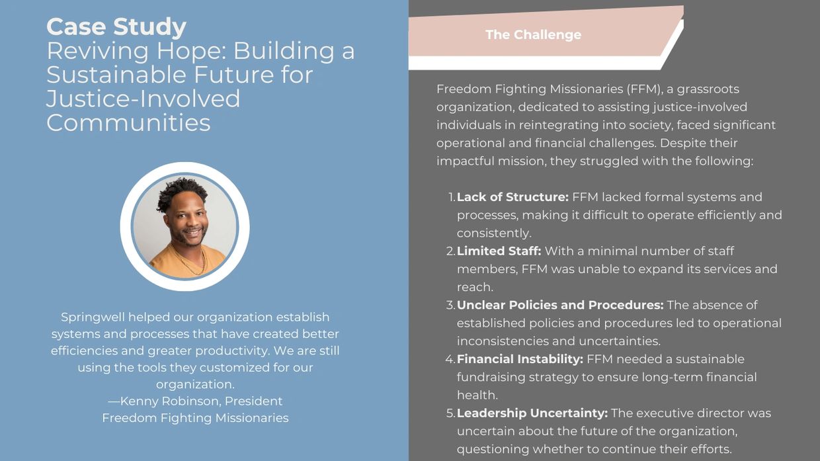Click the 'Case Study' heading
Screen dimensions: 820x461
[116, 27]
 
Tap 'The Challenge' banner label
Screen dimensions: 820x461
[533, 35]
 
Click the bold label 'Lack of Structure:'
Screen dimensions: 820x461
[512, 197]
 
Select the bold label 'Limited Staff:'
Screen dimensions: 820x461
[499, 251]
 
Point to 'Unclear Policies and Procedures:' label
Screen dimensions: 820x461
[560, 305]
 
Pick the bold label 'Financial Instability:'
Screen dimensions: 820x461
[520, 359]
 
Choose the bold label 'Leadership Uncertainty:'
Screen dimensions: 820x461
[532, 413]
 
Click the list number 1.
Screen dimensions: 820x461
[452, 197]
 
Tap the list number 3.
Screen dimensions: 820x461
[450, 305]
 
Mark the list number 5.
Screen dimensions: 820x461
[450, 413]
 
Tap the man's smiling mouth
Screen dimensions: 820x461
[193, 232]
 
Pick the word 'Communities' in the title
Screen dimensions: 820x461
[128, 123]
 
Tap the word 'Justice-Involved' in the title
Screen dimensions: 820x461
[143, 99]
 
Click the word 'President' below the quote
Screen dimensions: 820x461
[253, 401]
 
